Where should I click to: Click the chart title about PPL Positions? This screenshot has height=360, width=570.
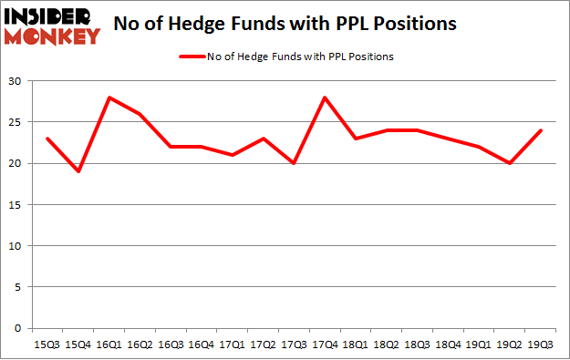pyautogui.click(x=286, y=25)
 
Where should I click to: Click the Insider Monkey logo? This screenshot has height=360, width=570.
pyautogui.click(x=53, y=26)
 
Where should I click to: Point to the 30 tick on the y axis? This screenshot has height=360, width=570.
pyautogui.click(x=16, y=82)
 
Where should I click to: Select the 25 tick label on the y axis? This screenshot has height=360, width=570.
pyautogui.click(x=16, y=123)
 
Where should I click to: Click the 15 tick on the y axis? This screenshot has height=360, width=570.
pyautogui.click(x=16, y=205)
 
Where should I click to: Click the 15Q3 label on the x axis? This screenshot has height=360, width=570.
pyautogui.click(x=47, y=344)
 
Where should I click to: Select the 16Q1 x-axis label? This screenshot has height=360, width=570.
pyautogui.click(x=109, y=344)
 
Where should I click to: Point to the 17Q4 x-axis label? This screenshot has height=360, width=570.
pyautogui.click(x=325, y=344)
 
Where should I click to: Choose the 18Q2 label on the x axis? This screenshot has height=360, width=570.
pyautogui.click(x=387, y=344)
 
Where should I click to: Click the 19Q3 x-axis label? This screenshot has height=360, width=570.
pyautogui.click(x=541, y=344)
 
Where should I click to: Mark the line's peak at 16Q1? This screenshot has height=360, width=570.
pyautogui.click(x=109, y=98)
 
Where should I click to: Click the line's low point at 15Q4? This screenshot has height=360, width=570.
pyautogui.click(x=78, y=172)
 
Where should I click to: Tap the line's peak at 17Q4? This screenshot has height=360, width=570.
pyautogui.click(x=325, y=98)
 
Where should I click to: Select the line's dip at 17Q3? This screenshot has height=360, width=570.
pyautogui.click(x=294, y=164)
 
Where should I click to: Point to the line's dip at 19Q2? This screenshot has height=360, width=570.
pyautogui.click(x=510, y=164)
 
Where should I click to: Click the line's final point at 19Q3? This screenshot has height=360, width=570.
pyautogui.click(x=541, y=131)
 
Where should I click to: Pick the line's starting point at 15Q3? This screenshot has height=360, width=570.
pyautogui.click(x=47, y=139)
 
